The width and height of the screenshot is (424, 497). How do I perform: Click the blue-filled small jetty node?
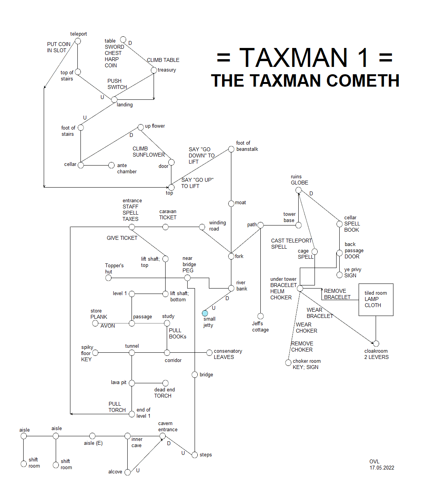pos(205,313)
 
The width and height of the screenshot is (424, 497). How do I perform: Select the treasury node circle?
pos(154,70)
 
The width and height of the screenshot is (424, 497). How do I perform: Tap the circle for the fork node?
pos(231,256)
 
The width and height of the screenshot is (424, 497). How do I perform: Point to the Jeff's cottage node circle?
pos(260,316)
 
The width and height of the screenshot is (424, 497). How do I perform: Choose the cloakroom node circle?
pos(376,343)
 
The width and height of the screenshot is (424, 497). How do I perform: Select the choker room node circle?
pos(288,362)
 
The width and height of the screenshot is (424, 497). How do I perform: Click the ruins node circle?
pos(298,190)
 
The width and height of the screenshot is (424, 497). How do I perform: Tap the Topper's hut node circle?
pos(108,278)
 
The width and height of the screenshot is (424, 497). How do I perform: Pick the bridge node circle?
pos(195,375)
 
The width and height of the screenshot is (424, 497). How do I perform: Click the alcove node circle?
pos(127,472)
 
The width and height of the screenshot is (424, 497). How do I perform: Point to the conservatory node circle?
pos(209,352)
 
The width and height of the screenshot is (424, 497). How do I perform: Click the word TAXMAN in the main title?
pos(294,58)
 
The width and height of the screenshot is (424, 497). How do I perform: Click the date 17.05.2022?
pos(382,468)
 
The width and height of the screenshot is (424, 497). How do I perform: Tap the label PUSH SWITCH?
pos(117,84)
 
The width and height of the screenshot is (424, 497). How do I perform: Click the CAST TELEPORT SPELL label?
pos(291,244)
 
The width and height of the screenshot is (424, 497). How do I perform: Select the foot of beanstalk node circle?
pos(231,149)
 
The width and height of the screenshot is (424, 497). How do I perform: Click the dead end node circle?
pos(166,383)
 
